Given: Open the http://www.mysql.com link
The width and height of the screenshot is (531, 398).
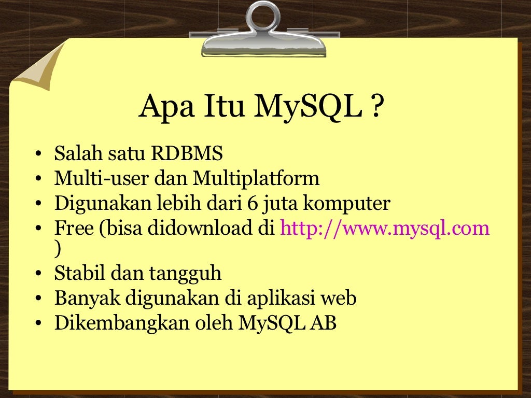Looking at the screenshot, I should pos(385,229).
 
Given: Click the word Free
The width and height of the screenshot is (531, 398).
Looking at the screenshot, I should pos(73,229).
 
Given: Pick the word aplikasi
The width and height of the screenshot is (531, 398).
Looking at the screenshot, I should pos(277,299).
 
